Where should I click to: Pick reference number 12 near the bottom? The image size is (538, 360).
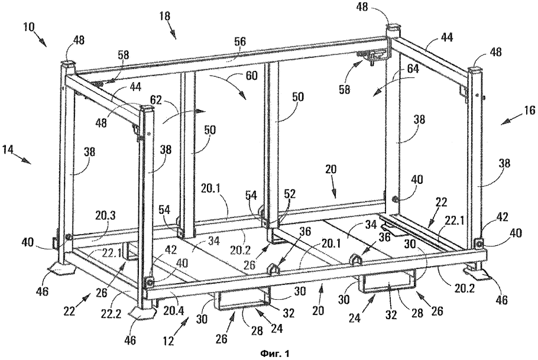point(170,340)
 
